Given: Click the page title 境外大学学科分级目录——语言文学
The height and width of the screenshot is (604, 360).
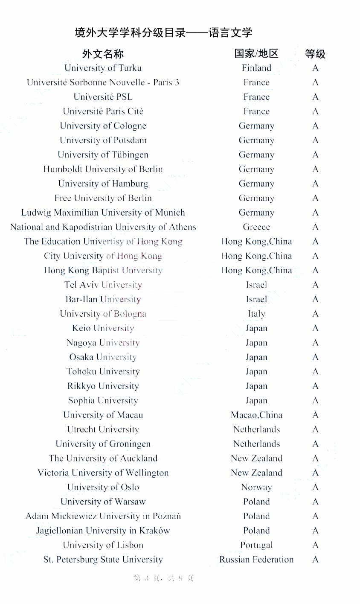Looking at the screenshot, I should click(x=163, y=32).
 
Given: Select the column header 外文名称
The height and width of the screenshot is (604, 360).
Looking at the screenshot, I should click(x=103, y=54).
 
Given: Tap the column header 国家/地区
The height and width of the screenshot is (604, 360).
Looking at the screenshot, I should click(x=256, y=53).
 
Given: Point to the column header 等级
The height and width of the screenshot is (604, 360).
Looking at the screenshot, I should click(x=315, y=54).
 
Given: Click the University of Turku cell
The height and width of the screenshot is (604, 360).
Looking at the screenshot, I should click(x=103, y=68).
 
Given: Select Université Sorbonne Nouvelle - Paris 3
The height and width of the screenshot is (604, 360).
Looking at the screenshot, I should click(x=103, y=82).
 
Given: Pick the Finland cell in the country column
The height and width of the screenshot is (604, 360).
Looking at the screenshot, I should click(x=256, y=68).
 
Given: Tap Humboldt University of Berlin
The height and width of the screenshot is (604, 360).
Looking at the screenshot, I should click(x=103, y=169).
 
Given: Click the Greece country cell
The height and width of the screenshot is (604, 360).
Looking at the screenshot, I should click(x=256, y=227).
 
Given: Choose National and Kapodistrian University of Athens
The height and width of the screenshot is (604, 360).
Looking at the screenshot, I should click(x=103, y=227).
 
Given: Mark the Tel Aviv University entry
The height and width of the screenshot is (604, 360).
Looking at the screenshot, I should click(x=103, y=285).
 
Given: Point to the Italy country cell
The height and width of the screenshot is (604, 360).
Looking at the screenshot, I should click(x=256, y=314).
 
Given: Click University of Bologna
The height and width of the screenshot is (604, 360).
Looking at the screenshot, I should click(x=103, y=314).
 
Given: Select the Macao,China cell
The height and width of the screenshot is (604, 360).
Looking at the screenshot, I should click(x=256, y=415).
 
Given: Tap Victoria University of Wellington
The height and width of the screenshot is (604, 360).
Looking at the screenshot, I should click(x=103, y=473).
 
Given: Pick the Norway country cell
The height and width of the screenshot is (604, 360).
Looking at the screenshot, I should click(x=256, y=487).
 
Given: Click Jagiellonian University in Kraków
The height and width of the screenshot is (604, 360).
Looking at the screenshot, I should click(x=103, y=531).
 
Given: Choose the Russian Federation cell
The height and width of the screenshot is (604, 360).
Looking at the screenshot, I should click(x=256, y=560).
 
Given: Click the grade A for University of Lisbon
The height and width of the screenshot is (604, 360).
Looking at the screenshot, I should click(x=315, y=545).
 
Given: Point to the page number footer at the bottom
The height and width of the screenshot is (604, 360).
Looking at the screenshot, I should click(x=164, y=578).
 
